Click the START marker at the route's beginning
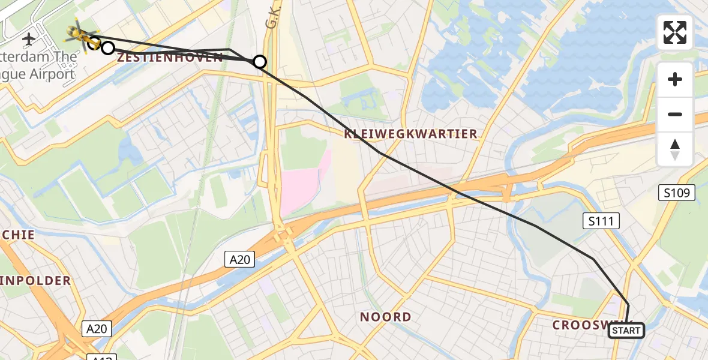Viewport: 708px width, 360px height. point(626,330)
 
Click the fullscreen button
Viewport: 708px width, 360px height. point(675,32)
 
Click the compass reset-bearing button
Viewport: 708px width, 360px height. point(675,149)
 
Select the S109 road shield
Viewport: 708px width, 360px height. point(677,193)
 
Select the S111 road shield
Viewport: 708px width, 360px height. point(601,221)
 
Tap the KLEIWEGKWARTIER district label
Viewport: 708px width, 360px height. point(411,134)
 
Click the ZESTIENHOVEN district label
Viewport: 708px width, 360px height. point(170,58)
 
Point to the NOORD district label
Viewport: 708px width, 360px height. point(385,317)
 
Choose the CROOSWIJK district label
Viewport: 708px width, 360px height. point(580,325)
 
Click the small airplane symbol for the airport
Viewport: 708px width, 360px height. point(28,40)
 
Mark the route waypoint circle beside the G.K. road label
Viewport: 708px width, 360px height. point(260,61)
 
